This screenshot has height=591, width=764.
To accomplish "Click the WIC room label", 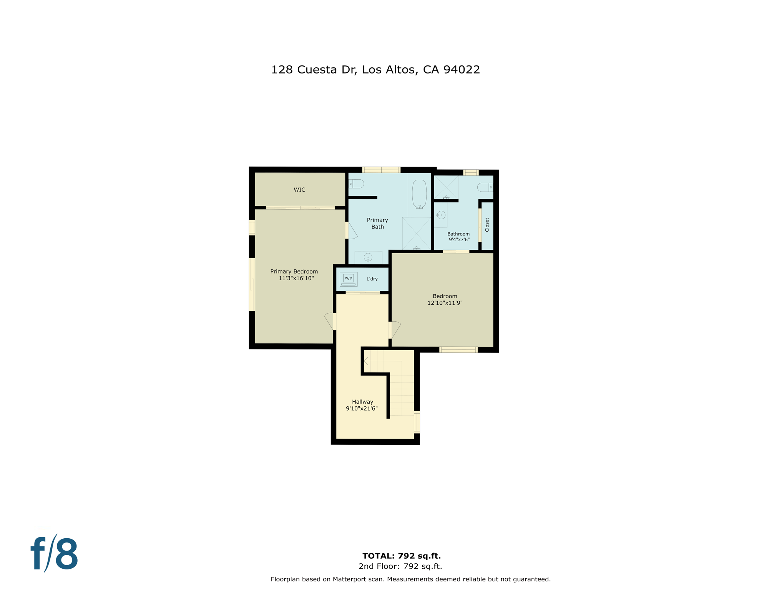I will (299, 190).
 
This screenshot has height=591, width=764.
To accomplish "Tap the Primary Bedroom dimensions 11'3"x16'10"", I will (296, 278).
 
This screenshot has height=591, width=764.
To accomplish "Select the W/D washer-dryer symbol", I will (348, 279).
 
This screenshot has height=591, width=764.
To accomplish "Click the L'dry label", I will (372, 279).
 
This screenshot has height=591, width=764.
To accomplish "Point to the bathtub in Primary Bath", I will (419, 194).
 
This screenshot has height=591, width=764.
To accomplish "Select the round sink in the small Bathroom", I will (441, 215).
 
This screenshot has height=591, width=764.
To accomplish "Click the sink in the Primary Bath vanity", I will (368, 257).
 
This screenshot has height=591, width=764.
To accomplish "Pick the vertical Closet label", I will (487, 225).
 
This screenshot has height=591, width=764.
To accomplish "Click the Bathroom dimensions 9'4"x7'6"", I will (459, 240).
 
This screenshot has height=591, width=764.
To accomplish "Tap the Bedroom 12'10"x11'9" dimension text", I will (445, 303).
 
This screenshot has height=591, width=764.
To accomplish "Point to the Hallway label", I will (362, 402).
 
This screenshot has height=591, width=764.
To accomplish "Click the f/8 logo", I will (54, 553).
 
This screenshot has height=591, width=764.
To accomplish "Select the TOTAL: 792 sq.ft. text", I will (401, 556).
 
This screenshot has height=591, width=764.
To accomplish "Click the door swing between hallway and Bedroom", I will (395, 329).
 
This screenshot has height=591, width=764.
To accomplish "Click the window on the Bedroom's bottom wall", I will (458, 350).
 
